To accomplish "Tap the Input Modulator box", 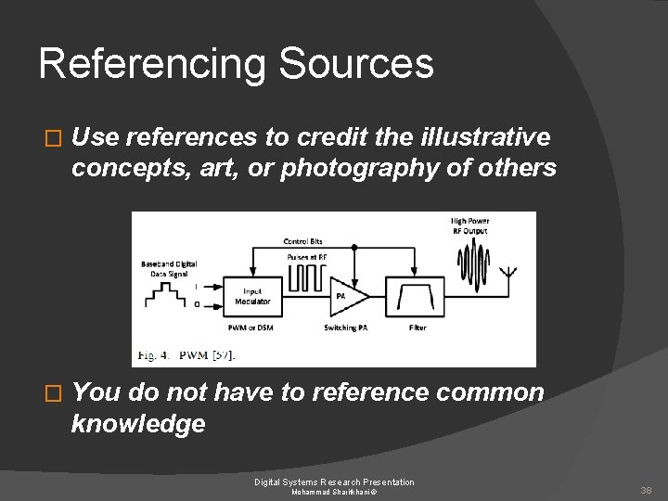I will click(252, 296).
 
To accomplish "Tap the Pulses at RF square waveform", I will click(307, 275).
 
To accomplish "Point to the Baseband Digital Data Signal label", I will click(170, 268).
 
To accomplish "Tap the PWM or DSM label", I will click(251, 328).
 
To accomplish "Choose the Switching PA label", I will click(345, 328).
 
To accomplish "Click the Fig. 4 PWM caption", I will click(186, 354).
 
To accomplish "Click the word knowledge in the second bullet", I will click(138, 424).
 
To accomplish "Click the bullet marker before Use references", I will click(52, 138).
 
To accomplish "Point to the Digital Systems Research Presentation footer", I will click(334, 482).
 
